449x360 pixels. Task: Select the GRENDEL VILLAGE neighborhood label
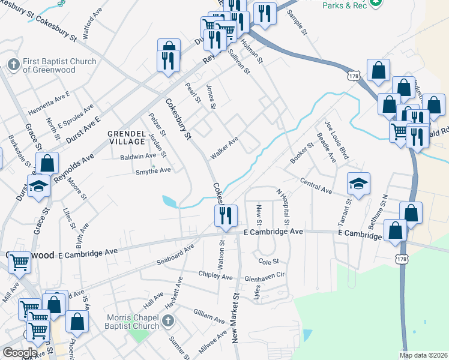coord(126,137)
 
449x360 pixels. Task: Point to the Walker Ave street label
coord(224,148)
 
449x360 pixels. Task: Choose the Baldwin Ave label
coord(138,156)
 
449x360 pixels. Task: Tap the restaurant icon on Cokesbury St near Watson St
coord(226,215)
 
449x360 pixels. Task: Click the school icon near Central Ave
coord(358,183)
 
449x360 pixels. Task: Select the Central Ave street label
coord(316,185)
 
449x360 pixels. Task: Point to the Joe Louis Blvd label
coord(336,140)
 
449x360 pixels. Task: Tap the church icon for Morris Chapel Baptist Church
coord(167,322)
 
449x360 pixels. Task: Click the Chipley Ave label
coord(215,275)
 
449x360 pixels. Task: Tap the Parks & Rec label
coord(345,5)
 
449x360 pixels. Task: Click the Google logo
coord(20,352)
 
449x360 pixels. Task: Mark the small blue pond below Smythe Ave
coord(170,201)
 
